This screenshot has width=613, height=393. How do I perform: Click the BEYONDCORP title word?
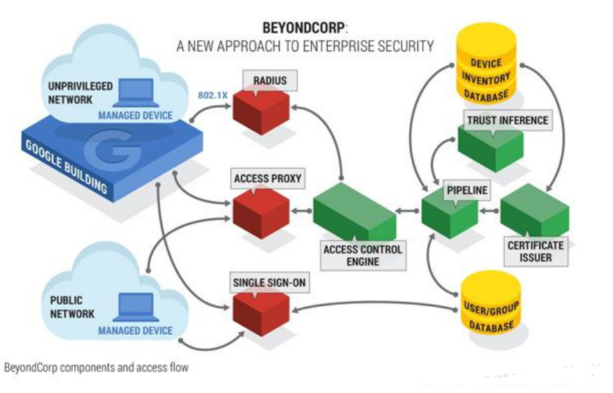(303, 29)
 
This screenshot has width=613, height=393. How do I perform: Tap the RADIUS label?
(270, 81)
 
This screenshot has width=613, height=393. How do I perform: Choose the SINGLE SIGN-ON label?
(269, 283)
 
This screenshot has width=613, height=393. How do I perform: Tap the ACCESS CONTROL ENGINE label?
(361, 255)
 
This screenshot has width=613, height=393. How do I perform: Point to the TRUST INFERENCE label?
(507, 120)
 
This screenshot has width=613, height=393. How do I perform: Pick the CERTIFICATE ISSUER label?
(535, 251)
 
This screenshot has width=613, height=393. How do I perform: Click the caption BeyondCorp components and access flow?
(97, 367)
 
